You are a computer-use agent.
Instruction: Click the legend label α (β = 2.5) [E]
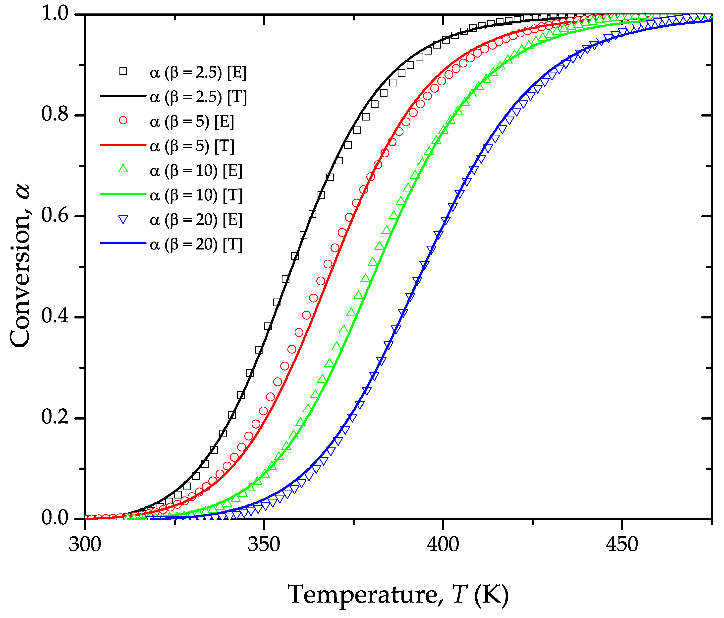[x=198, y=73]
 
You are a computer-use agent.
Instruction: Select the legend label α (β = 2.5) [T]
[x=198, y=97]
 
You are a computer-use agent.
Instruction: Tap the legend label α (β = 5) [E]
[x=192, y=122]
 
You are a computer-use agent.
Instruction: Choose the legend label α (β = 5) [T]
[x=192, y=146]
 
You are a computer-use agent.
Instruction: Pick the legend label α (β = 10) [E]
[x=196, y=171]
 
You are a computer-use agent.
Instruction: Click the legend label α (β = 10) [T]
[x=196, y=195]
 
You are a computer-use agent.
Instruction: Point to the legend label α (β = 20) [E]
[x=196, y=220]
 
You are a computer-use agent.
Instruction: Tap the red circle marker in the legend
[x=123, y=121]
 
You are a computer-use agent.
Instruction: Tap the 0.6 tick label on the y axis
[x=55, y=216]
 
